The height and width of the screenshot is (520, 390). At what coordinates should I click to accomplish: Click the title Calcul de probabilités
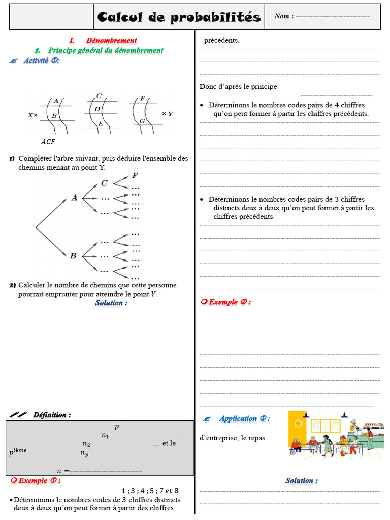(179, 17)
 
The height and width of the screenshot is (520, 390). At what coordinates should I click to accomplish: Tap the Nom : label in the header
(282, 16)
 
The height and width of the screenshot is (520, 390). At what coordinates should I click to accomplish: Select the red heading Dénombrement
(111, 40)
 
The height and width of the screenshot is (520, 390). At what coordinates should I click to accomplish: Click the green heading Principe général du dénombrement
(106, 50)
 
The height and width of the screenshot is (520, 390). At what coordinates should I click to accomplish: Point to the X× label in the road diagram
(32, 115)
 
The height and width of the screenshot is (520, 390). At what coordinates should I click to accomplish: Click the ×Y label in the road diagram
(167, 114)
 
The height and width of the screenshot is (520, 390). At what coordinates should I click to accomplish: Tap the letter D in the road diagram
(97, 109)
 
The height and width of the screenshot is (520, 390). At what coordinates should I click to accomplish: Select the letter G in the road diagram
(142, 121)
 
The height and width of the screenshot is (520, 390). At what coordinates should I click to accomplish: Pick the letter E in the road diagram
(101, 124)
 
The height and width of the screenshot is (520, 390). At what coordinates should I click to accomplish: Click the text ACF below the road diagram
(48, 141)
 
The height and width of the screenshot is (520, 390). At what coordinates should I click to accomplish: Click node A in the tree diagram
(74, 198)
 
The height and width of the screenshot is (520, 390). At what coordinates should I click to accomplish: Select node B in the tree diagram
(73, 256)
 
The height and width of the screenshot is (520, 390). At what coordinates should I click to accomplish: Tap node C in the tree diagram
(104, 183)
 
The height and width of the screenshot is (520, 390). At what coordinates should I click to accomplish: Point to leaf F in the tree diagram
(135, 175)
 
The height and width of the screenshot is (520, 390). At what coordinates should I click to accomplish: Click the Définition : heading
(52, 415)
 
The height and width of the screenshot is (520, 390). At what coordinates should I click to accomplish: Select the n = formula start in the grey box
(63, 471)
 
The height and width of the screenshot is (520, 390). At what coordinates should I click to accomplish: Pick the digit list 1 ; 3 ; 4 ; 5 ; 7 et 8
(150, 491)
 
